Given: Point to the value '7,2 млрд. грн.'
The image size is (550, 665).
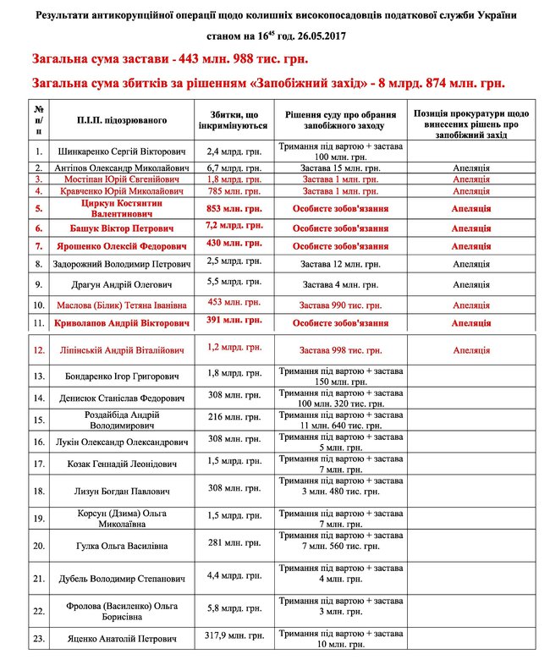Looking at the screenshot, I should (232, 227).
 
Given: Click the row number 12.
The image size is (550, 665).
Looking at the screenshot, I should (39, 349).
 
